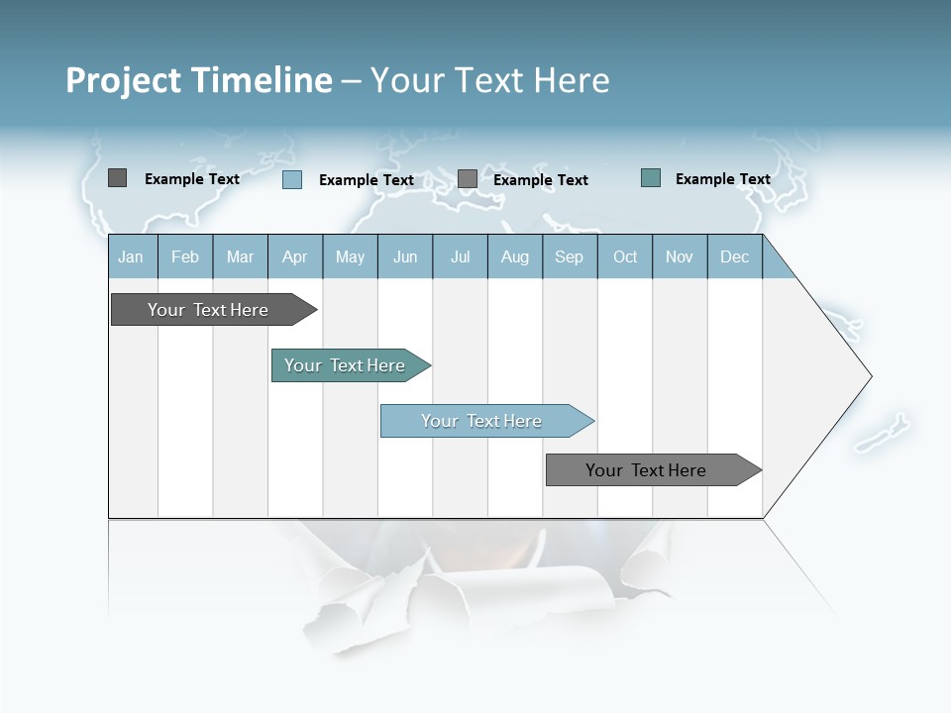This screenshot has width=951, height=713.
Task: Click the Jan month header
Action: point(131,257)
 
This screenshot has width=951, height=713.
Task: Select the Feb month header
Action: point(185,257)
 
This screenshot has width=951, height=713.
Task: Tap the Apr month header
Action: point(295,257)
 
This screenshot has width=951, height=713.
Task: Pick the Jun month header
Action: point(405,257)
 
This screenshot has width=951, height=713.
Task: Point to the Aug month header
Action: point(515,257)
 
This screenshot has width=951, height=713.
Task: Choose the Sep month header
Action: point(570,257)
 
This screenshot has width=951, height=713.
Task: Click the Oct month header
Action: point(625,257)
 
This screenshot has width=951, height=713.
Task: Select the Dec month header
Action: point(735,257)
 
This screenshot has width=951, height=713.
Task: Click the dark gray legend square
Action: point(117,178)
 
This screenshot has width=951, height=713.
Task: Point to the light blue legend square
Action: point(291,179)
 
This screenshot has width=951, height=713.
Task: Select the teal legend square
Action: point(651,178)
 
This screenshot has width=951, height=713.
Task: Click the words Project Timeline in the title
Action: point(198,80)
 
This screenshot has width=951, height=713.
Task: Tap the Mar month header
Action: point(241,257)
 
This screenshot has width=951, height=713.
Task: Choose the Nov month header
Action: point(680,257)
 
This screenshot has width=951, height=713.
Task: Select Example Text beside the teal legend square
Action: point(722,179)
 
